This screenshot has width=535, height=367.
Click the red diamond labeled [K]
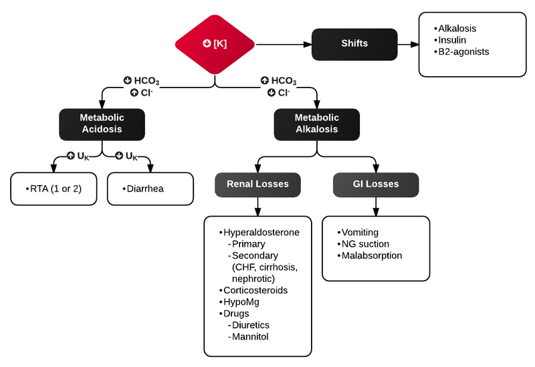[215, 44]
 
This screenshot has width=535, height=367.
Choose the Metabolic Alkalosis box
[317, 123]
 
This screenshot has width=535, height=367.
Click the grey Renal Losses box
[257, 184]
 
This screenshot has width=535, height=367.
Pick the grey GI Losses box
[376, 184]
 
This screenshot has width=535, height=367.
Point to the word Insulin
[453, 40]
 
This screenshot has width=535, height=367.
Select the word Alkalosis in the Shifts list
[457, 29]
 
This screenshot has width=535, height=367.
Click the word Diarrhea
[145, 189]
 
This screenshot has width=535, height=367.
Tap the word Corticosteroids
[255, 291]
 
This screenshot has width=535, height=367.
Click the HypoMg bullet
[241, 302]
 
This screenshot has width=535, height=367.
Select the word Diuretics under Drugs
[251, 325]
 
